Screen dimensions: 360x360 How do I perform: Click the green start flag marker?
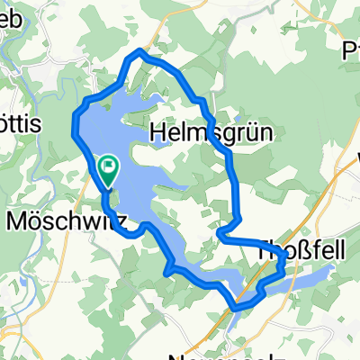[108, 166]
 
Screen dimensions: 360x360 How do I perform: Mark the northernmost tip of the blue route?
[138, 51]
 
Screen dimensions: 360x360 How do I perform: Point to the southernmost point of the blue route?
[236, 308]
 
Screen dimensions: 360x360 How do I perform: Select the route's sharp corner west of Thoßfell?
[220, 235]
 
